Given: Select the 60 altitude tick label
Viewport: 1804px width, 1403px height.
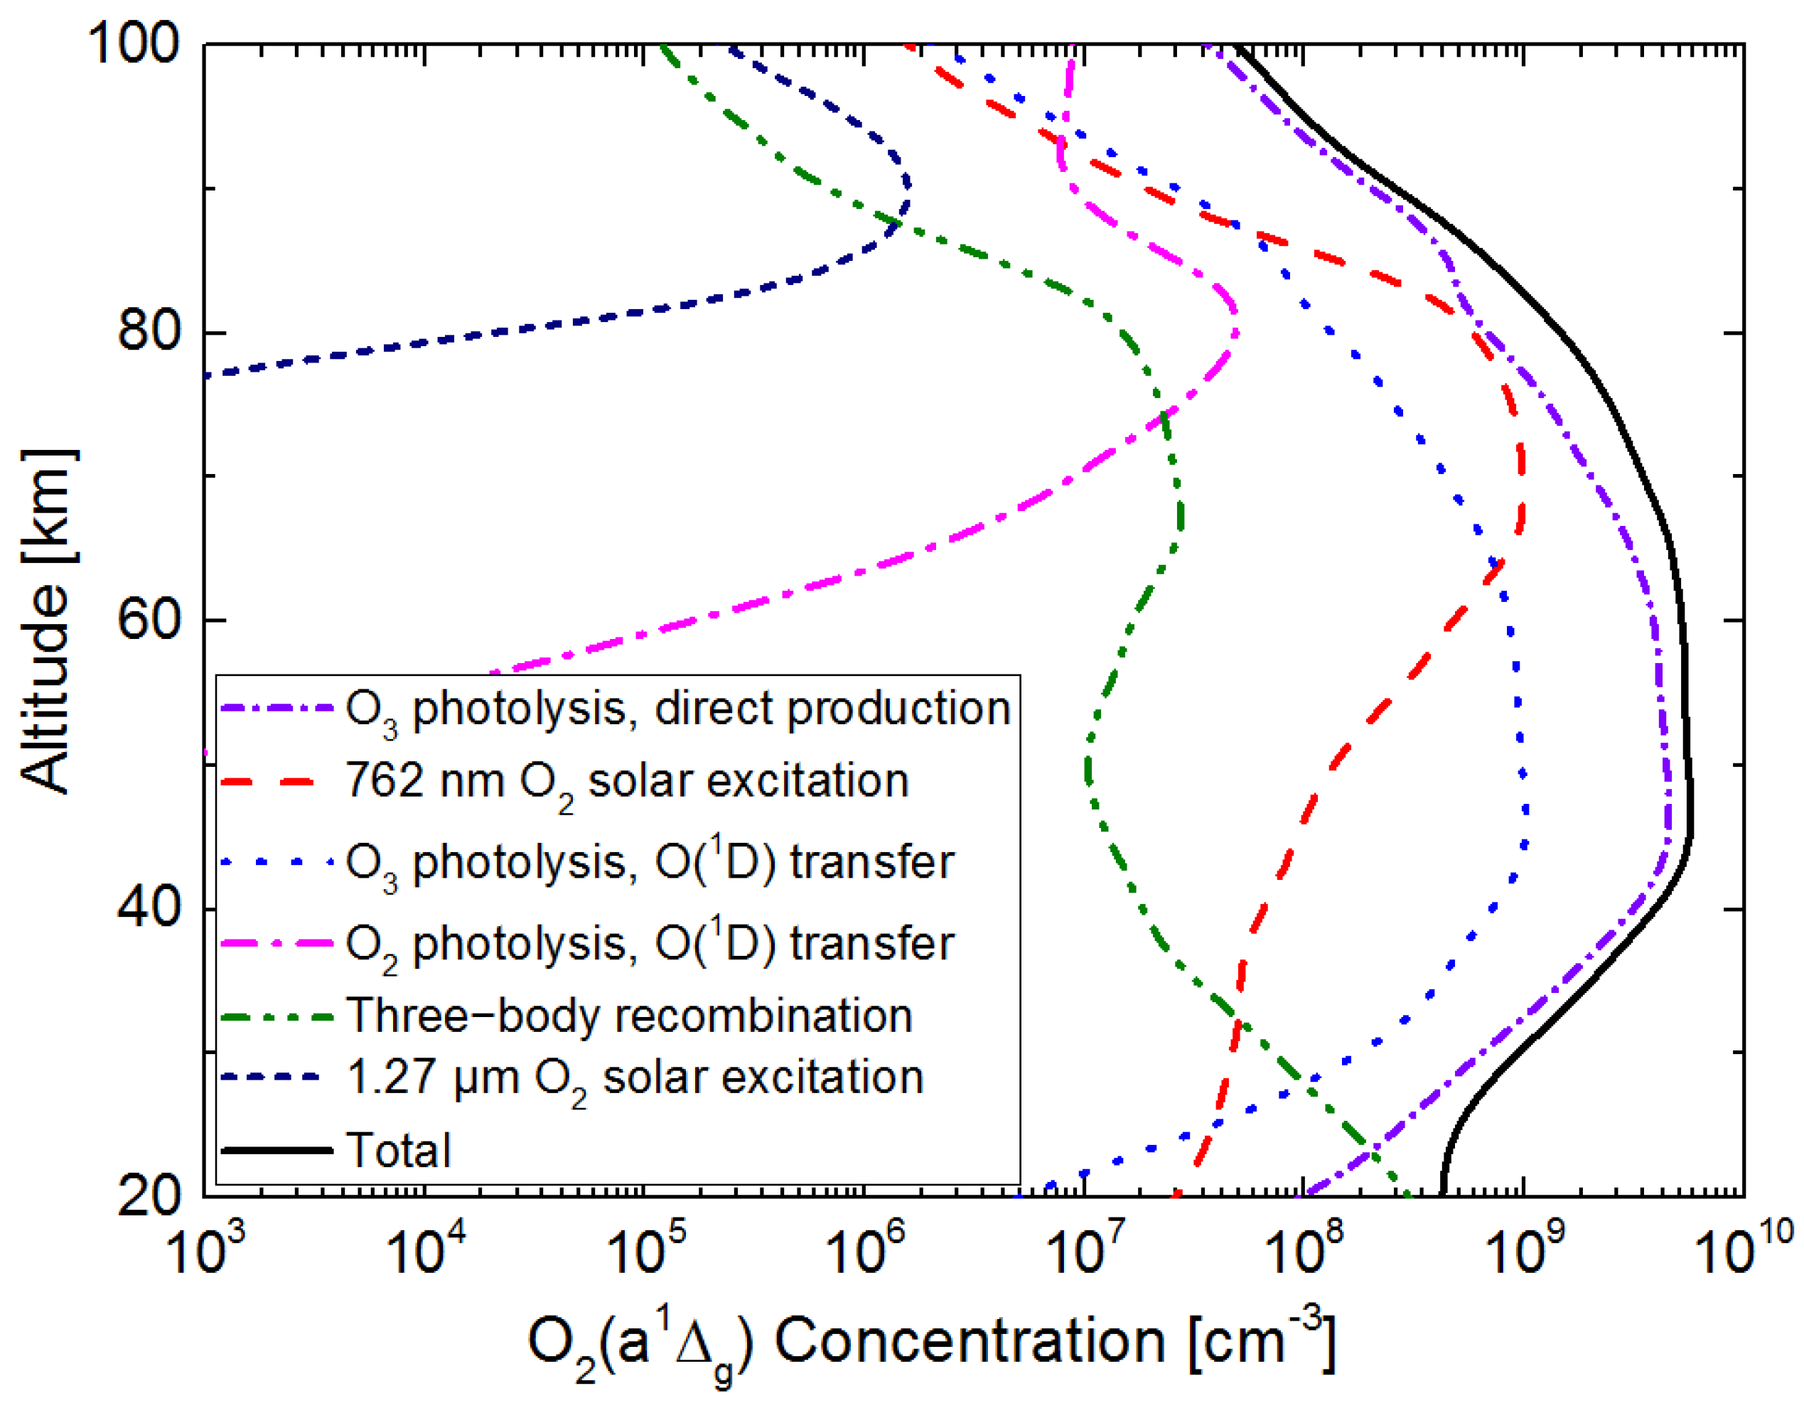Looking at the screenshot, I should click(x=149, y=619).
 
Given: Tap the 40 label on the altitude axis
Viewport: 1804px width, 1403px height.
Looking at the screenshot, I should click(x=149, y=907).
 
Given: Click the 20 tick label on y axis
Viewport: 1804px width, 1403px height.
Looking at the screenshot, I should click(x=149, y=1195).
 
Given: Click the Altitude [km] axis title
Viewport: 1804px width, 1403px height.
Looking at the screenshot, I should click(x=47, y=621).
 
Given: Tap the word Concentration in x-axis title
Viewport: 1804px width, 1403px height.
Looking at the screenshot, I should click(x=969, y=1341).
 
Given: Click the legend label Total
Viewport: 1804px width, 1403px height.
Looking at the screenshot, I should click(x=399, y=1150).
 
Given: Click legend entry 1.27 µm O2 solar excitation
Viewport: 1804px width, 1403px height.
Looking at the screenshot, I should click(x=634, y=1078).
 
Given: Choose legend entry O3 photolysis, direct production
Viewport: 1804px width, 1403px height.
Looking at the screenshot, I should click(x=678, y=709).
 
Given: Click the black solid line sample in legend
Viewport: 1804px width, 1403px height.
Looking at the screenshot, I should click(x=277, y=1149).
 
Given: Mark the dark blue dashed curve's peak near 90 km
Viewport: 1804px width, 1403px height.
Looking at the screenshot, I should click(x=908, y=183).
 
